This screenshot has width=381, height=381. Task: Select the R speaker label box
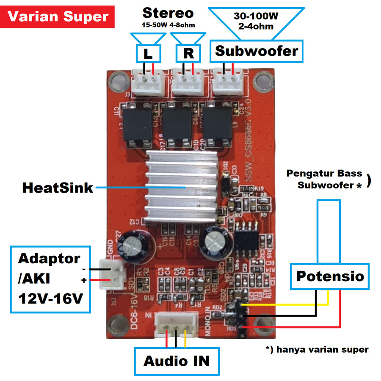tap(188, 53)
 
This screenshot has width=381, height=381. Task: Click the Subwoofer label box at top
tap(257, 52)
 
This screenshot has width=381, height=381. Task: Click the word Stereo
tap(168, 13)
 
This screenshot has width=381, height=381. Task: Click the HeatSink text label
tap(58, 188)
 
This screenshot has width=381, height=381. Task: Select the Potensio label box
tap(330, 276)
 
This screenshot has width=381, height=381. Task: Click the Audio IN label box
tap(177, 361)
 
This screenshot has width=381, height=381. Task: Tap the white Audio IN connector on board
tap(177, 325)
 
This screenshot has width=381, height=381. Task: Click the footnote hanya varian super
tap(317, 350)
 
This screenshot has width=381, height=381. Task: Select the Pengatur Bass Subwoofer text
tap(324, 179)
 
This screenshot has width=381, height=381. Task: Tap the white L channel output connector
tap(148, 82)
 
